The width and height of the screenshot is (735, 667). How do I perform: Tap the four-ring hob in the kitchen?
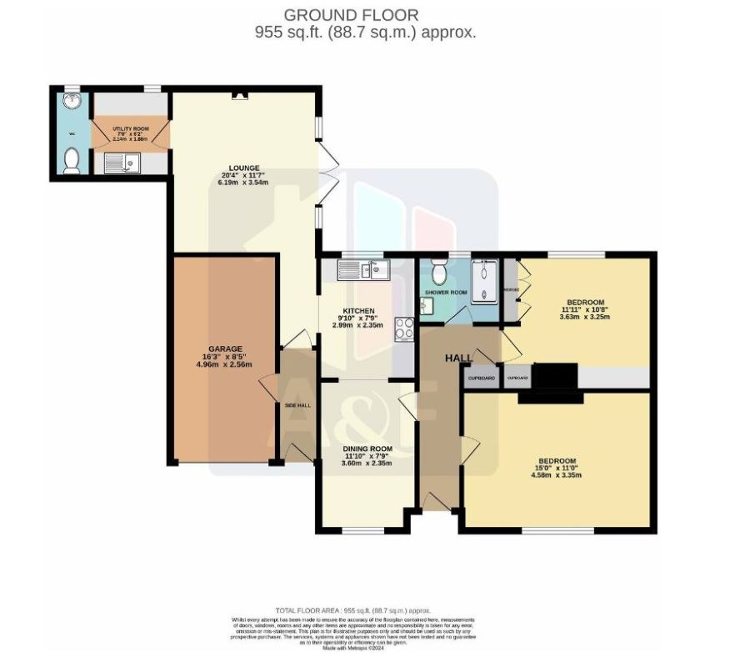(x=404, y=329)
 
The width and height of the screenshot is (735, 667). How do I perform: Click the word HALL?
(x=458, y=358)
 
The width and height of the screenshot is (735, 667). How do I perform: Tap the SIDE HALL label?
(x=297, y=404)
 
